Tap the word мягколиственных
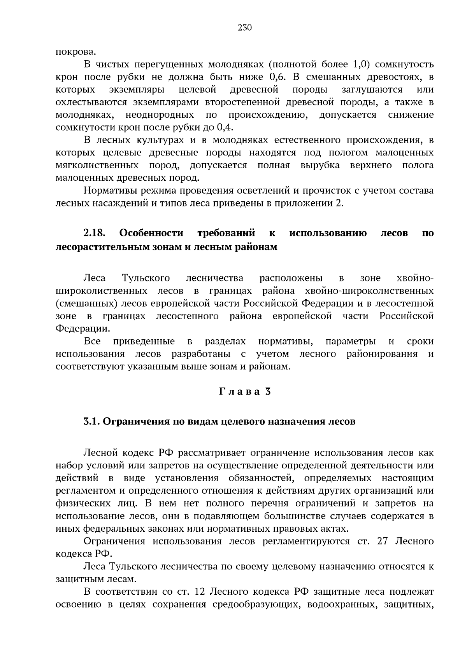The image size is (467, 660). [x=97, y=166]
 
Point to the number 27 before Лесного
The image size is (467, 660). [x=383, y=541]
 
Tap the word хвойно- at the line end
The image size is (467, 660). [x=414, y=278]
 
